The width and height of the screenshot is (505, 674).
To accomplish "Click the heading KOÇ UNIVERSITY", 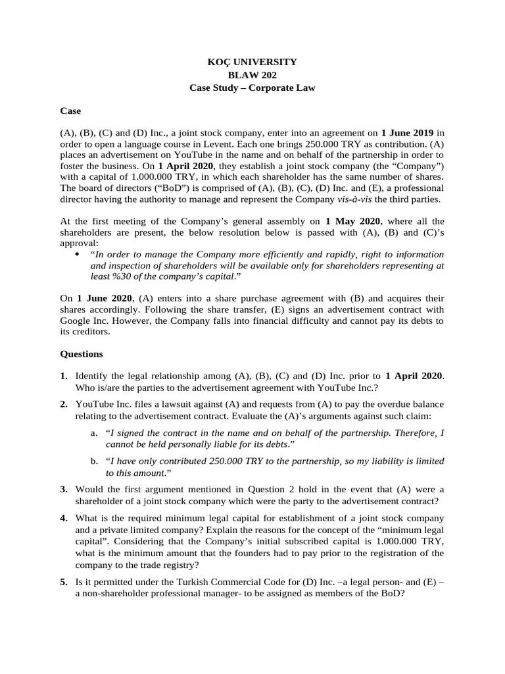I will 252,62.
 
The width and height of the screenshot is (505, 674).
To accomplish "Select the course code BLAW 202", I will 252,74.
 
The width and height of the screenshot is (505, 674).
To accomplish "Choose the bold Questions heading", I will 82,353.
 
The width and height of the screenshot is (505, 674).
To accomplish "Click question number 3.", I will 64,489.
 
